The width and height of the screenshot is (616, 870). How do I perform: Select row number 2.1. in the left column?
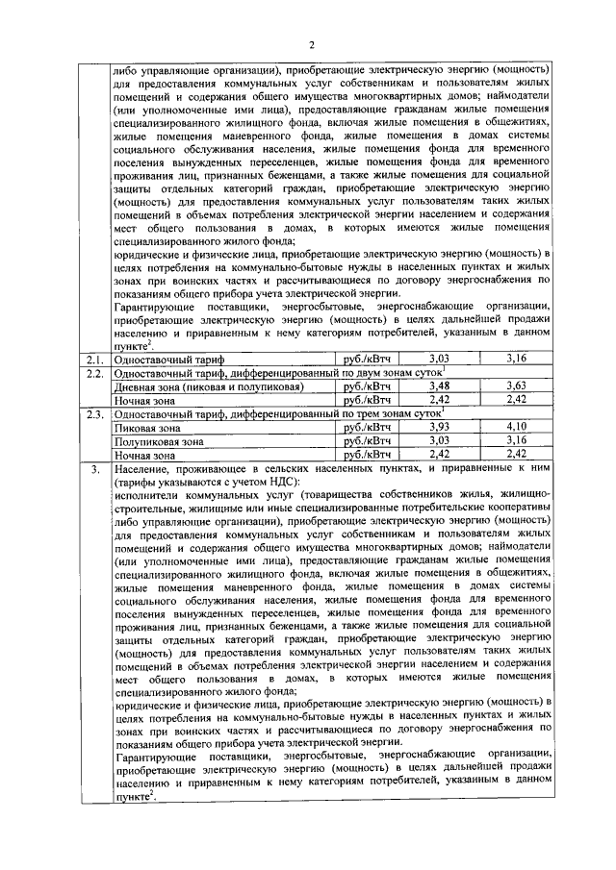93,359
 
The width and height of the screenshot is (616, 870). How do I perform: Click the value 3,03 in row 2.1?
439,359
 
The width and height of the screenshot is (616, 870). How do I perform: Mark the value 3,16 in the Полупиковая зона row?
522,440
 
